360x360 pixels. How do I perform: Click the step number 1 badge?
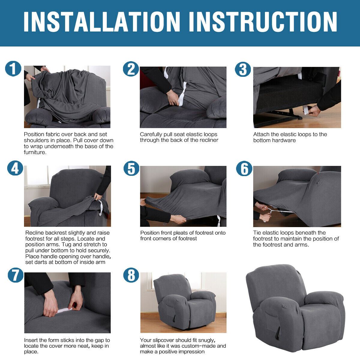coord(13,69)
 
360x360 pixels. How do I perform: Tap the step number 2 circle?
coord(131,69)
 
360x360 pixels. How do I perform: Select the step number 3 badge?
coord(243,69)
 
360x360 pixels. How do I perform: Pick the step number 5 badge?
coord(131,168)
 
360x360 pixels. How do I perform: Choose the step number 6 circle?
coord(244,168)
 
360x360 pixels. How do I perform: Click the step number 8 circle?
coord(131,275)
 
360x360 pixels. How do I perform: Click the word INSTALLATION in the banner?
coord(102,22)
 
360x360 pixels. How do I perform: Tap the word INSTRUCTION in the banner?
coord(263,22)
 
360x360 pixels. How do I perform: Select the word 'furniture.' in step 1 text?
coord(35,152)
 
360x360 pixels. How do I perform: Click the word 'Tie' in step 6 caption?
coord(257,232)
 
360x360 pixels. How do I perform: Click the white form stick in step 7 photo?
coord(64,310)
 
